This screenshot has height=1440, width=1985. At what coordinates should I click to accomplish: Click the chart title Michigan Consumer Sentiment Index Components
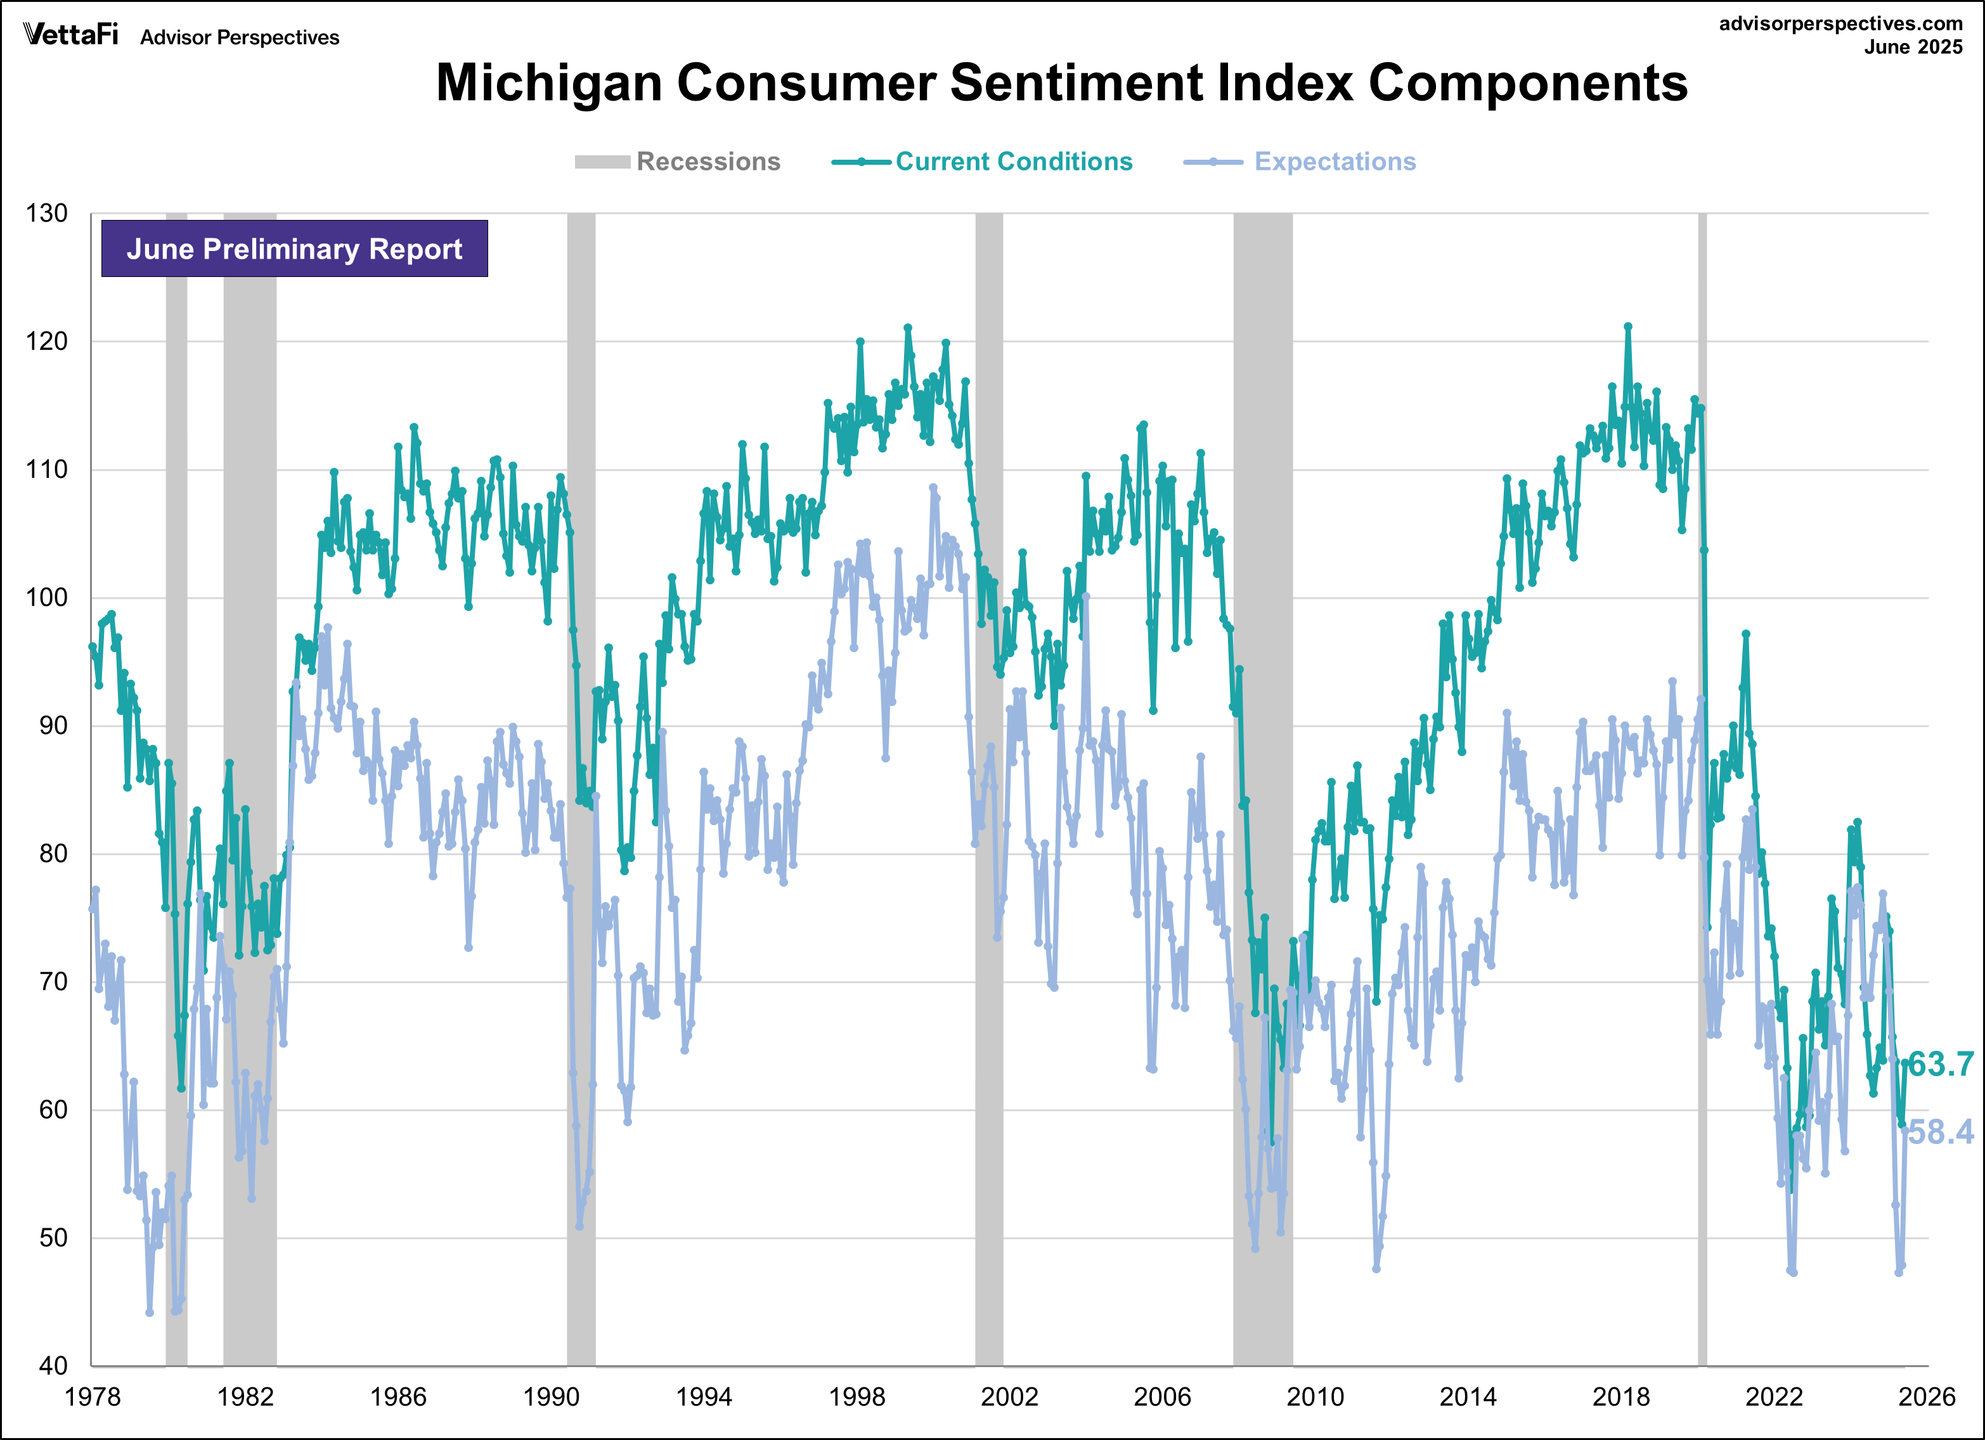pyautogui.click(x=1062, y=83)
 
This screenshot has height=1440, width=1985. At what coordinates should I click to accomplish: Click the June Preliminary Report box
pyautogui.click(x=294, y=249)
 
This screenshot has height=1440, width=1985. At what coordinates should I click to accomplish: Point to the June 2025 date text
pyautogui.click(x=1913, y=48)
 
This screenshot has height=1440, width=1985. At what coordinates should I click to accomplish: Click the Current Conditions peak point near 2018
pyautogui.click(x=1628, y=327)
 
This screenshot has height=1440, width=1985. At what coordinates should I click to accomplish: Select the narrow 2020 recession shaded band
pyautogui.click(x=1702, y=787)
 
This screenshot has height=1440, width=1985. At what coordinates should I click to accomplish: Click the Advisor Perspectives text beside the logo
pyautogui.click(x=240, y=37)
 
